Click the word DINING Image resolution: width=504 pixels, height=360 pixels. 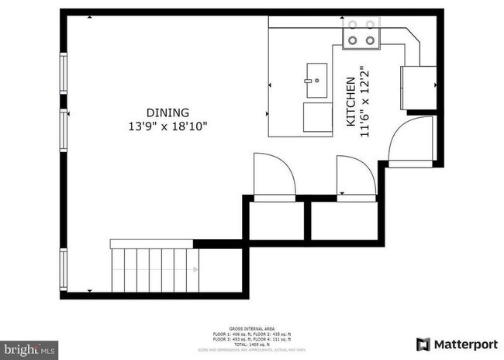pyautogui.click(x=167, y=112)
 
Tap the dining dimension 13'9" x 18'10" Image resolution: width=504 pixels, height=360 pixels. pyautogui.click(x=168, y=125)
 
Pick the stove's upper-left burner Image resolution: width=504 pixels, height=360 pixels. pyautogui.click(x=352, y=25)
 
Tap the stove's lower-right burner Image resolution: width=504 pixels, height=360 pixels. pyautogui.click(x=371, y=39)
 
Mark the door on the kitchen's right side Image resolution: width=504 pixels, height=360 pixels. pyautogui.click(x=409, y=142)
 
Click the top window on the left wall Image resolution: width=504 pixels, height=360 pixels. pyautogui.click(x=64, y=73)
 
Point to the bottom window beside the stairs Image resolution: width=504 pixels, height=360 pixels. pyautogui.click(x=64, y=268)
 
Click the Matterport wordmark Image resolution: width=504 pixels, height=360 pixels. pyautogui.click(x=466, y=344)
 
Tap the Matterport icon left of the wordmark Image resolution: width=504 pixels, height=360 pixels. pyautogui.click(x=424, y=344)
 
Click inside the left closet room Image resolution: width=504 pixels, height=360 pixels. pyautogui.click(x=276, y=221)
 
